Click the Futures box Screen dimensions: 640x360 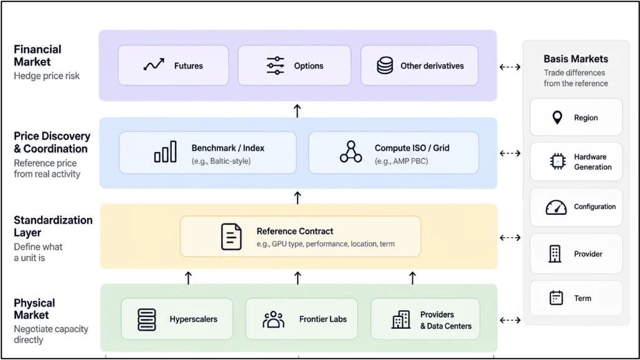tap(174, 65)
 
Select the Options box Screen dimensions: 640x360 tap(294, 65)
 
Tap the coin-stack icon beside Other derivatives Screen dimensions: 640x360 tap(385, 65)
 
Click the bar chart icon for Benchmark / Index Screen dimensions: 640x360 tap(166, 152)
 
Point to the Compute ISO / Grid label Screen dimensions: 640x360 tap(412, 148)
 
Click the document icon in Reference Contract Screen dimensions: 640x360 tap(231, 236)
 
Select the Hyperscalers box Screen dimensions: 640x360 tap(177, 319)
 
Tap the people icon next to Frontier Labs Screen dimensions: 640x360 tap(273, 319)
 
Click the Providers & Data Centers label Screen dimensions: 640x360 tap(446, 320)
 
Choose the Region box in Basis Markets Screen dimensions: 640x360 tap(576, 118)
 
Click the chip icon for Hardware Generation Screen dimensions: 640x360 tap(558, 161)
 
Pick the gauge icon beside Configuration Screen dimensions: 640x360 tap(556, 207)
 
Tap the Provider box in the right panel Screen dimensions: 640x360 tap(576, 254)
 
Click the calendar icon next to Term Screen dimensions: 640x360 tap(556, 298)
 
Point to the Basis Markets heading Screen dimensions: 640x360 tap(575, 59)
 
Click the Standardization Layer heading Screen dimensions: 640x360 tap(53, 226)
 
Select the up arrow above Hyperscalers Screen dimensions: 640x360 tap(188, 278)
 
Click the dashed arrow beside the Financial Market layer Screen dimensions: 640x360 tap(510, 67)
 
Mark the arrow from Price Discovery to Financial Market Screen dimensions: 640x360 tap(297, 111)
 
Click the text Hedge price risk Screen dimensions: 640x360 tap(47, 76)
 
